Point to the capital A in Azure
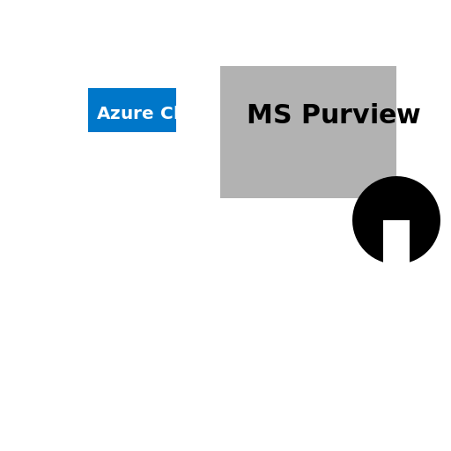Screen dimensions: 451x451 (103, 114)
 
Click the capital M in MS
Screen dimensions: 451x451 (259, 115)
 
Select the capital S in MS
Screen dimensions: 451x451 (279, 115)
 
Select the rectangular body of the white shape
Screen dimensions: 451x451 (396, 247)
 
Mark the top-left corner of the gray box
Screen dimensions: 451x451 (221, 67)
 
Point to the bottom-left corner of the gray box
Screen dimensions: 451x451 (221, 197)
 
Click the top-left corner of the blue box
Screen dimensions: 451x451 (89, 89)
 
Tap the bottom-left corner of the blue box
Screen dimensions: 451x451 (89, 131)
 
